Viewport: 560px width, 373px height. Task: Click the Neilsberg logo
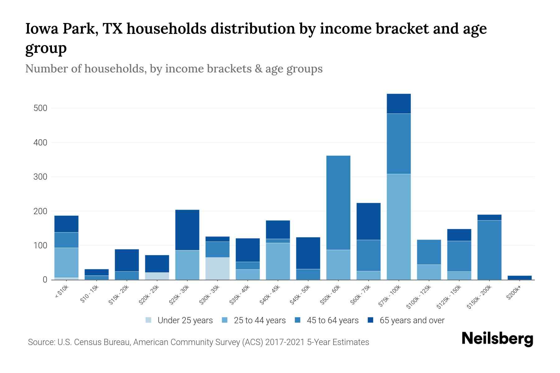pyautogui.click(x=497, y=339)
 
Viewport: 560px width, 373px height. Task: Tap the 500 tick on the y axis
pyautogui.click(x=40, y=108)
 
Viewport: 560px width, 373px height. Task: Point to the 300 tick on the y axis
pyautogui.click(x=40, y=177)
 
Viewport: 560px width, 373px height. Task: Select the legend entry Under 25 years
pyautogui.click(x=185, y=320)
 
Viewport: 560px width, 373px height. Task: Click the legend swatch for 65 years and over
pyautogui.click(x=371, y=320)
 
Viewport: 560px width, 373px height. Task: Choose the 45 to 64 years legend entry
pyautogui.click(x=332, y=320)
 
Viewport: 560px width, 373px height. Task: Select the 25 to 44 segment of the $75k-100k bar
pyautogui.click(x=399, y=227)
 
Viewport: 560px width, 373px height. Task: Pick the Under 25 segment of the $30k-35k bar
pyautogui.click(x=217, y=269)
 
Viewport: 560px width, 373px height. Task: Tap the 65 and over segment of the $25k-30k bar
pyautogui.click(x=187, y=230)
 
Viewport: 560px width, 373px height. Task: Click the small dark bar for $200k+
pyautogui.click(x=520, y=278)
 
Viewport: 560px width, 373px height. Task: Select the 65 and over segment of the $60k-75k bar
pyautogui.click(x=368, y=221)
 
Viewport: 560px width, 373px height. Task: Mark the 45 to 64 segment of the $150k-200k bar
pyautogui.click(x=489, y=250)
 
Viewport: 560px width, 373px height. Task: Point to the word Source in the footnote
pyautogui.click(x=41, y=342)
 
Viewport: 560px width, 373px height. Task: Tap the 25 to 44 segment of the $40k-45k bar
pyautogui.click(x=278, y=261)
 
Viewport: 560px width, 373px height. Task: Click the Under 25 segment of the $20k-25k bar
pyautogui.click(x=157, y=276)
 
